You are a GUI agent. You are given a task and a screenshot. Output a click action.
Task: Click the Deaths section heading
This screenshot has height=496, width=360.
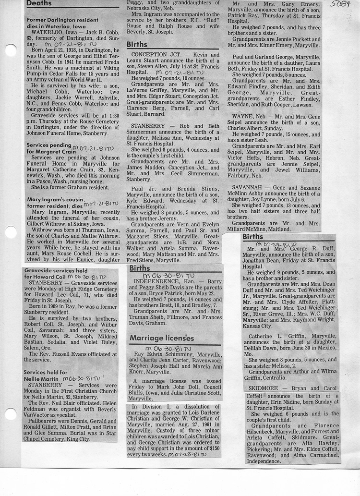tap(39, 4)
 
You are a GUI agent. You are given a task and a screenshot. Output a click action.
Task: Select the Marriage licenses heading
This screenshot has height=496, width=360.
tap(161, 339)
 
